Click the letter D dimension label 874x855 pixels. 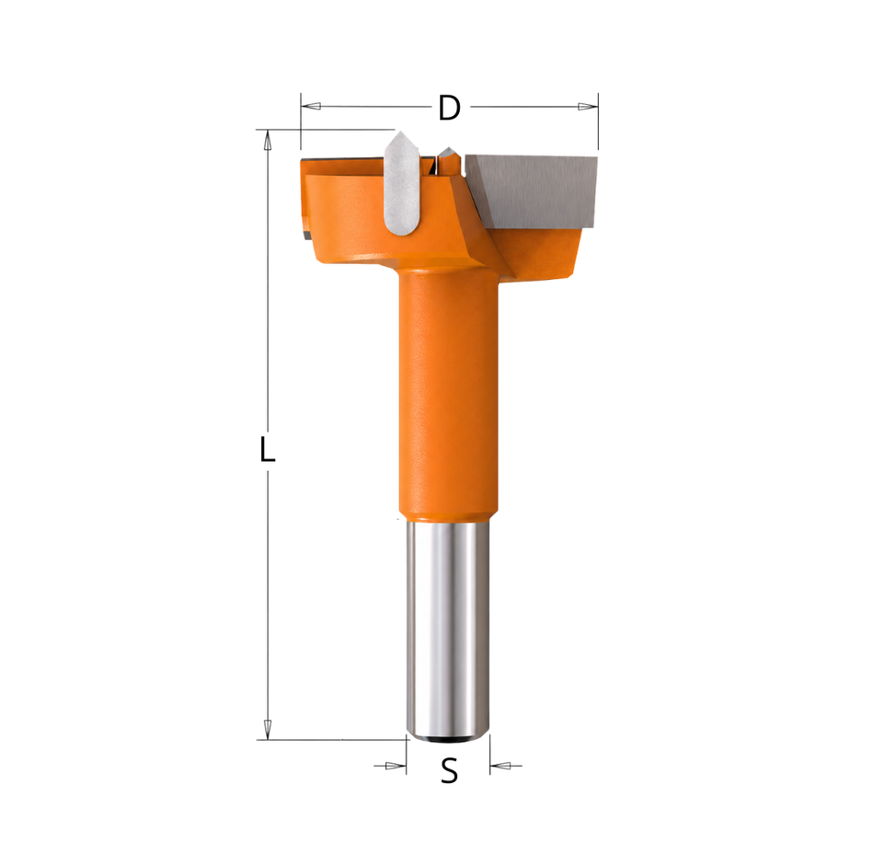[449, 108]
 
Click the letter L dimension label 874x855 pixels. [268, 449]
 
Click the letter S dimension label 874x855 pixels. [449, 771]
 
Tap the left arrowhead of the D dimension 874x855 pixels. [311, 106]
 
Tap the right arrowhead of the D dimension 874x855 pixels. [588, 107]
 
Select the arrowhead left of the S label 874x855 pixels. [397, 766]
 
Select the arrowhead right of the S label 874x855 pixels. [500, 766]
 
